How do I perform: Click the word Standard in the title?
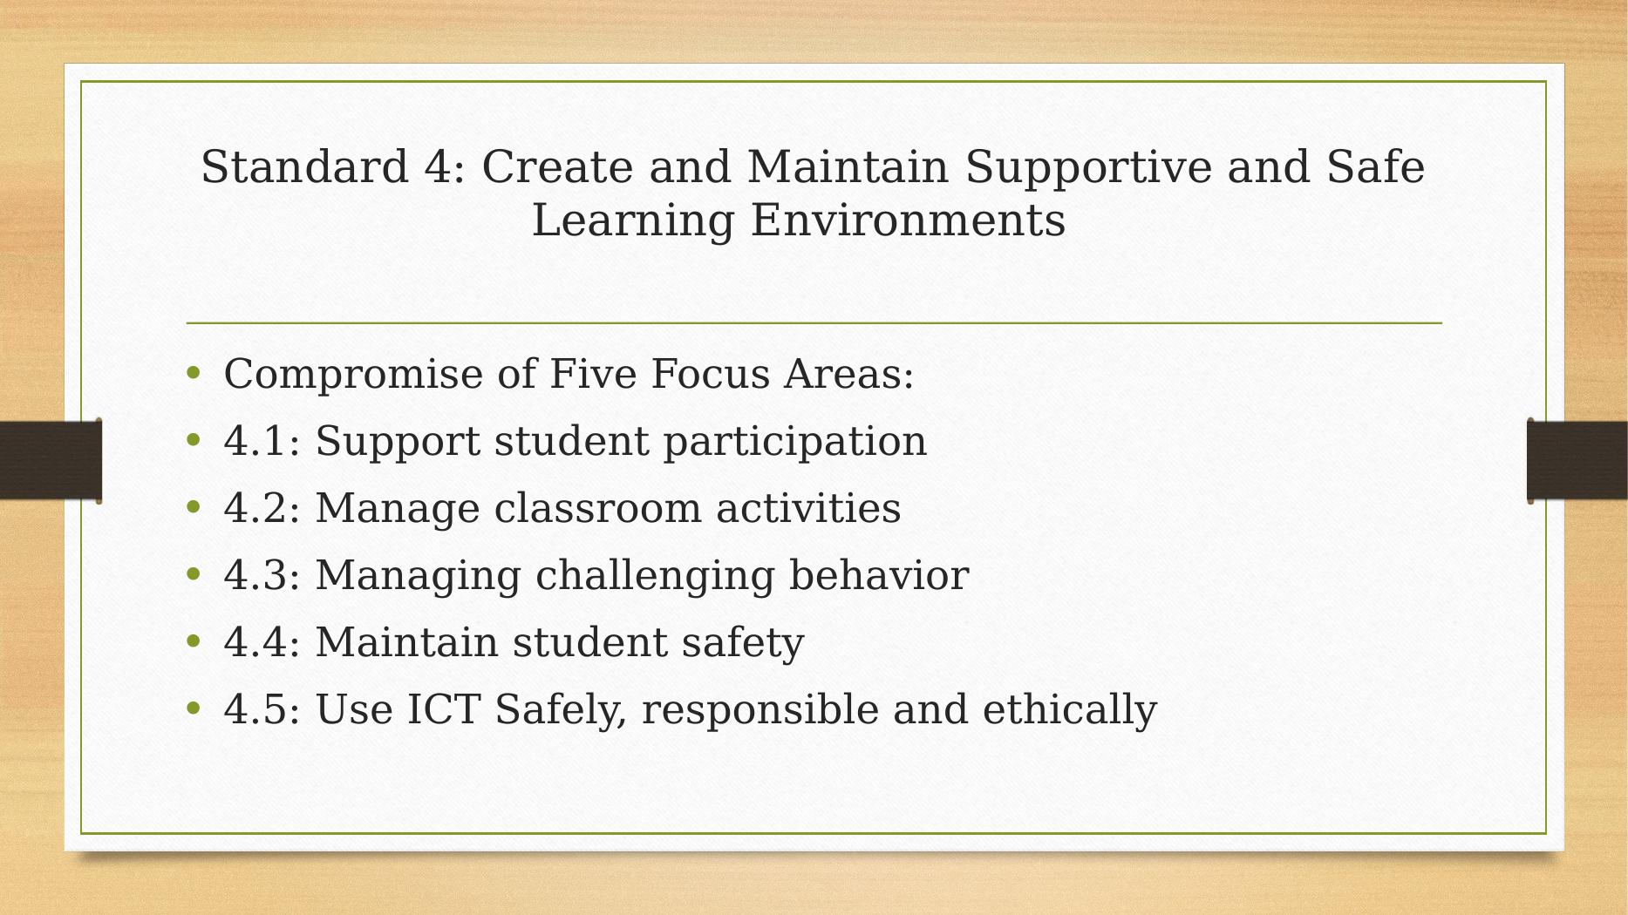305,166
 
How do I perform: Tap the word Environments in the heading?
908,220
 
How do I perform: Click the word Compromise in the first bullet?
353,376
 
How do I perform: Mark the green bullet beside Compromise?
194,374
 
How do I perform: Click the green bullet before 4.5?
194,708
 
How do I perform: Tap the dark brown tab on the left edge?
51,460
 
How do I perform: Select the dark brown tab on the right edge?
1577,460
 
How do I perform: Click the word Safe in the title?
1376,166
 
